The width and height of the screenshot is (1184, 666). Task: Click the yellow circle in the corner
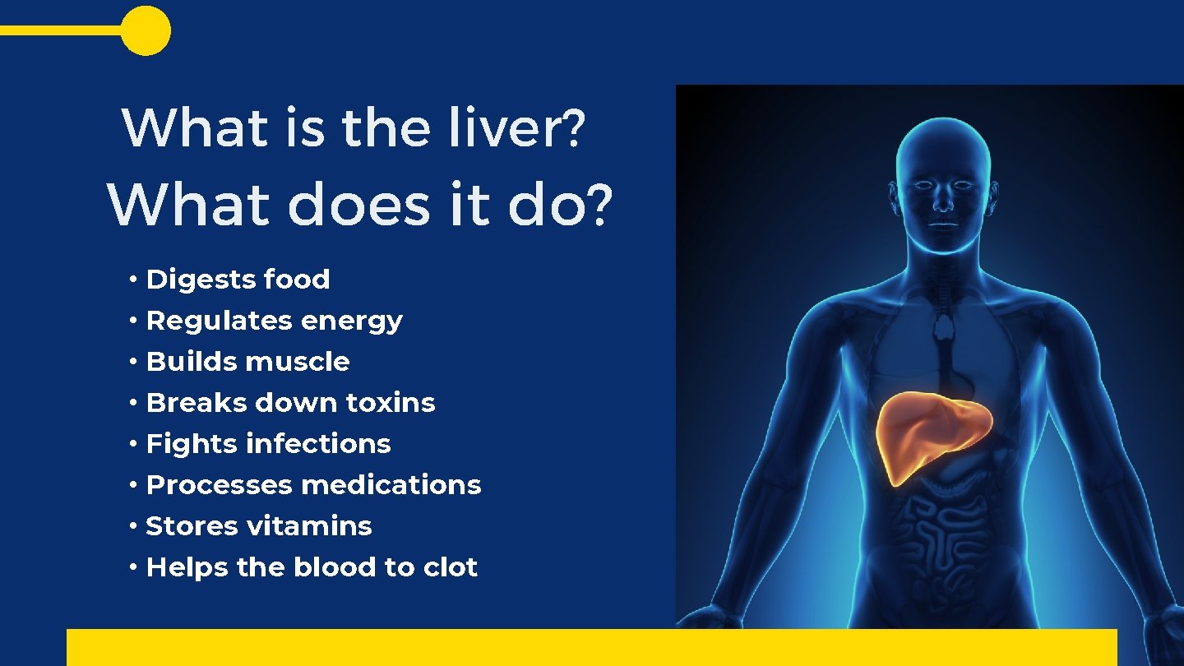tap(146, 30)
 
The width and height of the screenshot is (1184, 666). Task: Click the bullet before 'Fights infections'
tap(133, 445)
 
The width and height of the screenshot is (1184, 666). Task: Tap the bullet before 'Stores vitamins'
tap(133, 527)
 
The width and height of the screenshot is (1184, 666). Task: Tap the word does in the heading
tap(359, 206)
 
